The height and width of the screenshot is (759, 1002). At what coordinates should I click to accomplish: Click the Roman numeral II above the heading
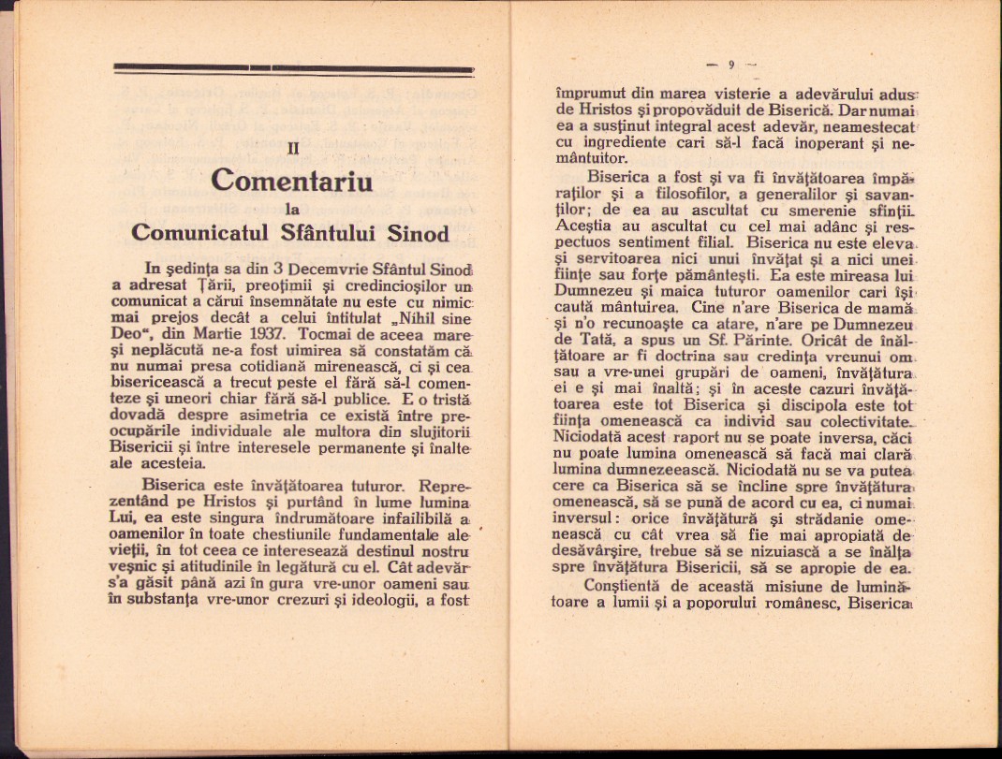292,147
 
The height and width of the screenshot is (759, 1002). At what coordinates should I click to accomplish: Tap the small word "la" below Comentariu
291,210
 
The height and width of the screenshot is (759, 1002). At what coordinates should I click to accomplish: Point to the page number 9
730,65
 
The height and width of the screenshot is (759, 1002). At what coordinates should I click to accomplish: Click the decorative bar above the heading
292,68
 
